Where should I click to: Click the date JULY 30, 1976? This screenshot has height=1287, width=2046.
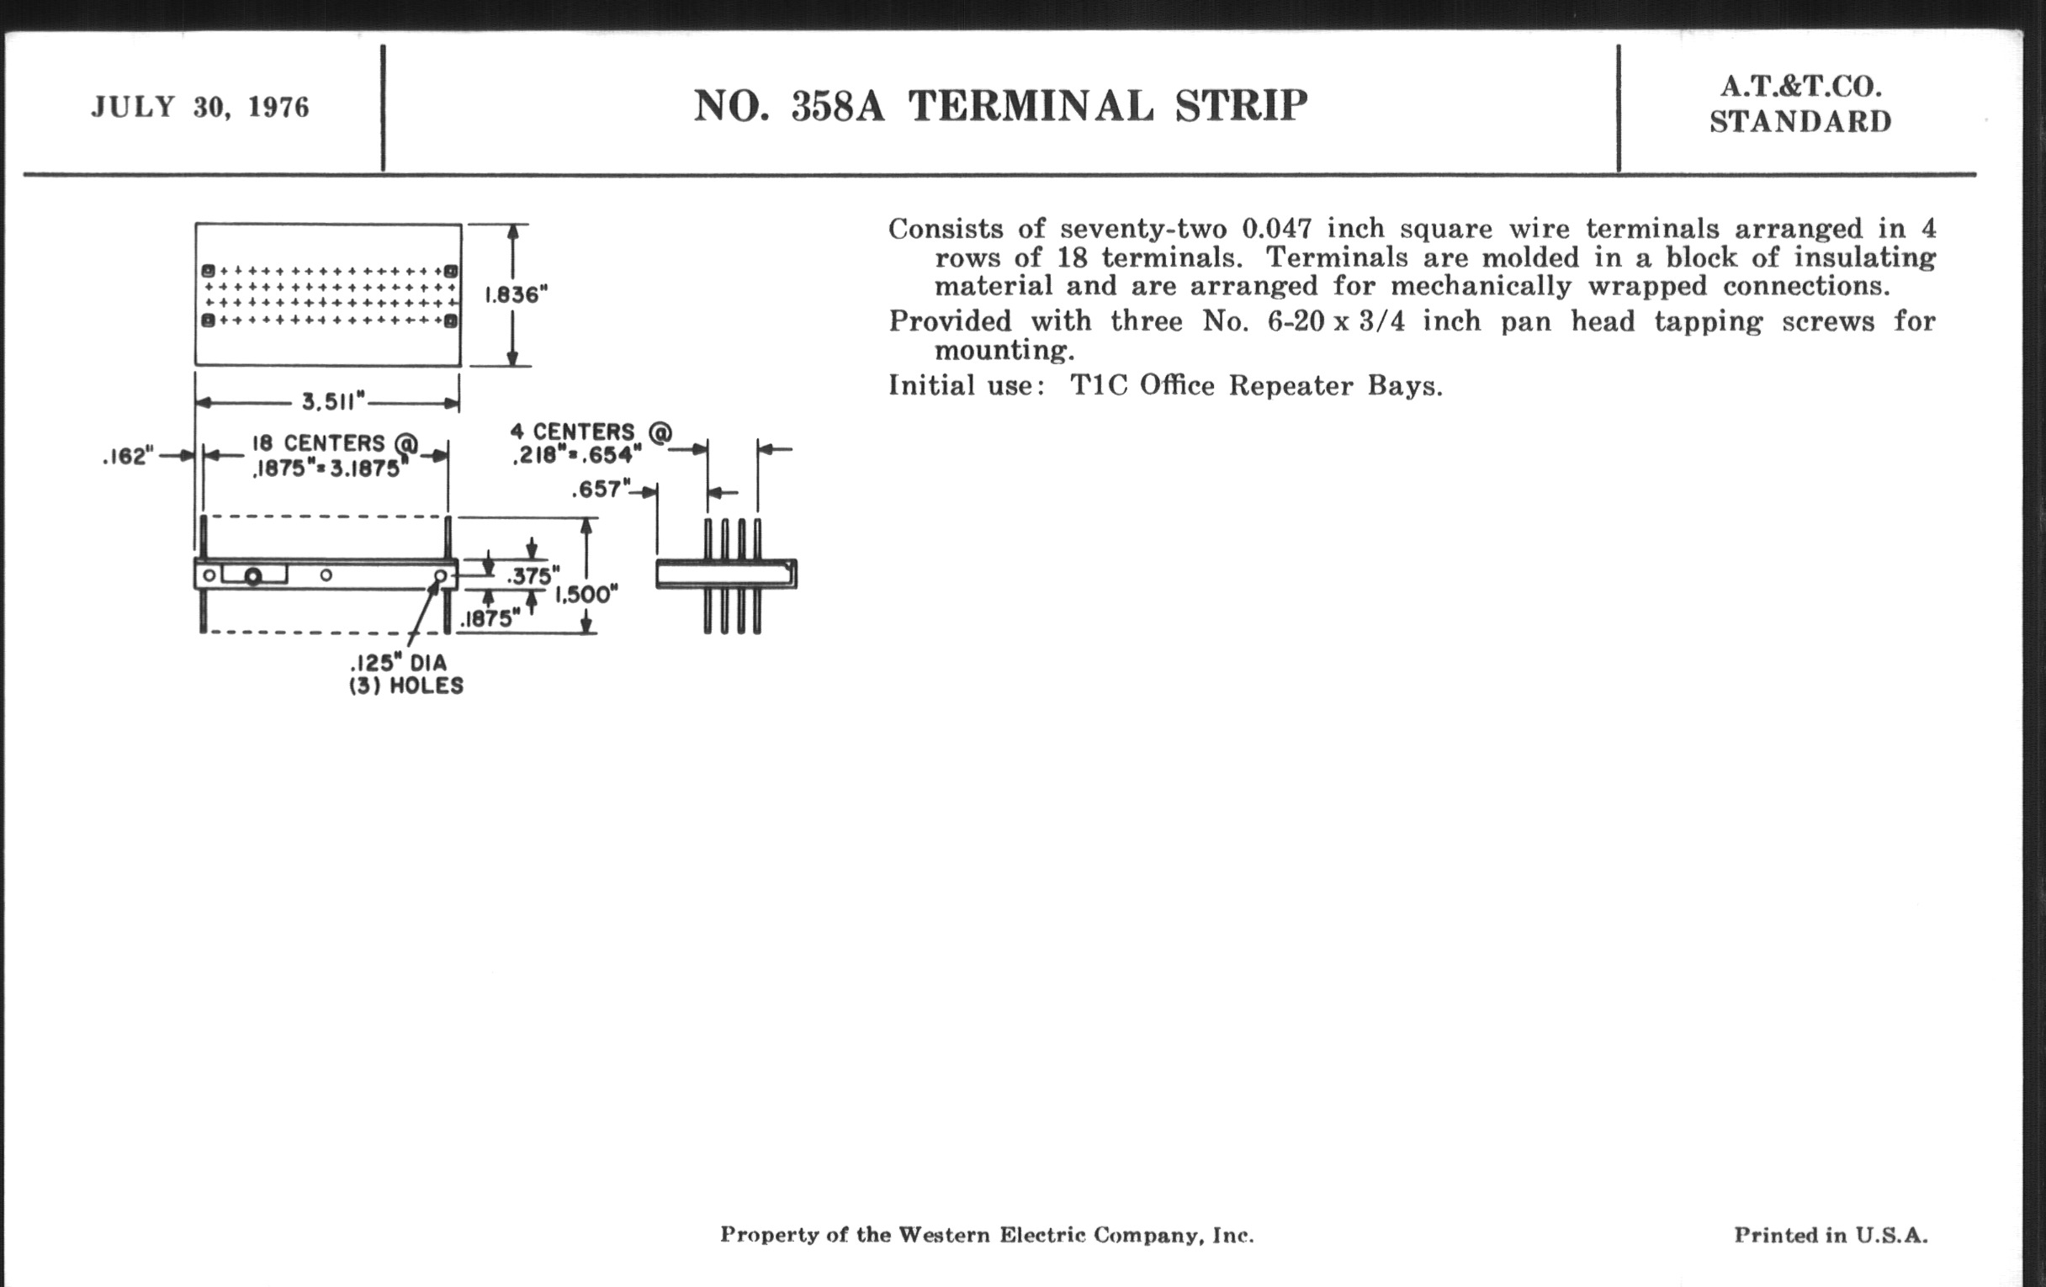(x=200, y=108)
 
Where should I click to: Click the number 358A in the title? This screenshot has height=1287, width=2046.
(x=837, y=107)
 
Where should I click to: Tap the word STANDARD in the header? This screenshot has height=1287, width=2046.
(x=1800, y=122)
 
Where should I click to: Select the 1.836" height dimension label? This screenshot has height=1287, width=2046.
(x=516, y=294)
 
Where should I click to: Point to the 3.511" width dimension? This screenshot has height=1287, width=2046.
(x=333, y=400)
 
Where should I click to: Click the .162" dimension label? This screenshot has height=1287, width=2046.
(x=127, y=457)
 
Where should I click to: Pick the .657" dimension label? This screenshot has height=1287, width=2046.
(x=601, y=490)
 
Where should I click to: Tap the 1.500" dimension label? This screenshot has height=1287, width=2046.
(x=586, y=595)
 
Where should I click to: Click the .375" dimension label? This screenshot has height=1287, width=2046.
(x=533, y=576)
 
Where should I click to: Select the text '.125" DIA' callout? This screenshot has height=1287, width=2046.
(x=399, y=663)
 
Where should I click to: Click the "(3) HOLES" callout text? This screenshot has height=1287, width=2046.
(x=406, y=686)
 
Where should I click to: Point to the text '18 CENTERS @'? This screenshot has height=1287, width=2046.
(x=335, y=443)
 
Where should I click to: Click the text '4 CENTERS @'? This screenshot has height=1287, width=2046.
(x=591, y=432)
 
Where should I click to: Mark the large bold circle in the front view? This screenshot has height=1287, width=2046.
(x=252, y=578)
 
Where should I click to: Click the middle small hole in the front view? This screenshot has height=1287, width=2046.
(x=326, y=575)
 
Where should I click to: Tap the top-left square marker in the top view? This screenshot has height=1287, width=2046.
(x=207, y=271)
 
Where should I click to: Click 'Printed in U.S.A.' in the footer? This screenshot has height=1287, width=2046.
(x=1831, y=1235)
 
